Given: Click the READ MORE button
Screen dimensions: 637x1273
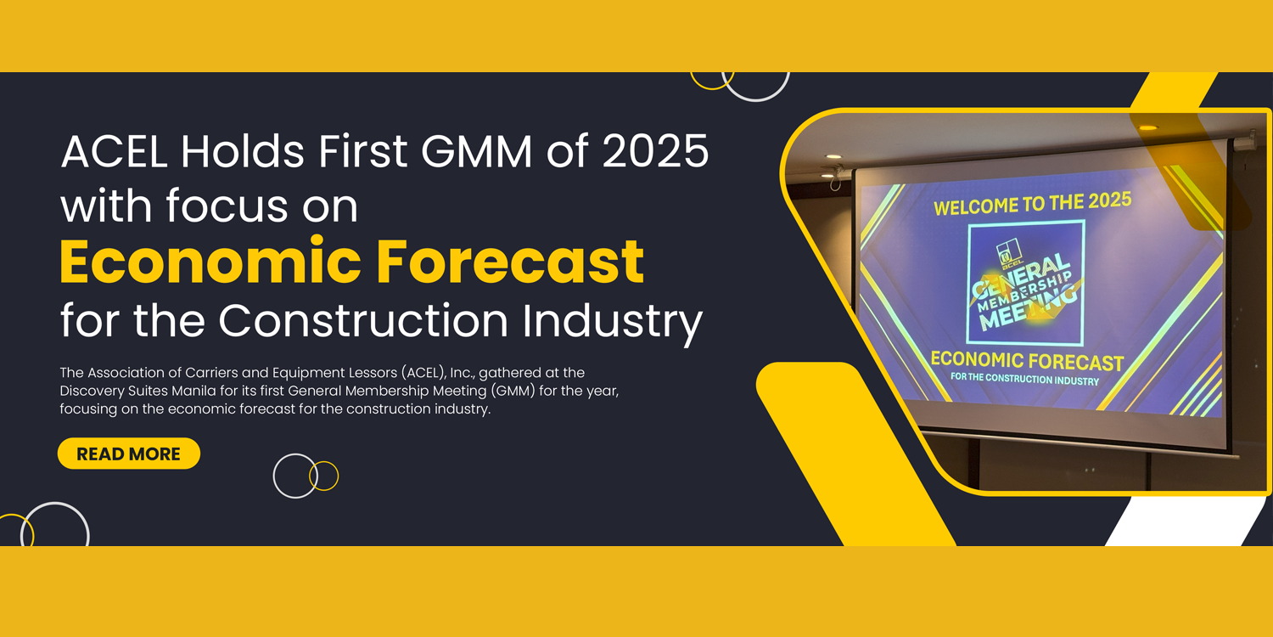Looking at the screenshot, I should pyautogui.click(x=129, y=454).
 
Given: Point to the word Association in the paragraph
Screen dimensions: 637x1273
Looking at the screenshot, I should pyautogui.click(x=125, y=373).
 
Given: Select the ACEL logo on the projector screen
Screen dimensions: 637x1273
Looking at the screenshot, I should pyautogui.click(x=1007, y=254).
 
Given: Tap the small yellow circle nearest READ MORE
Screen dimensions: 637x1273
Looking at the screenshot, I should pyautogui.click(x=324, y=476).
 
